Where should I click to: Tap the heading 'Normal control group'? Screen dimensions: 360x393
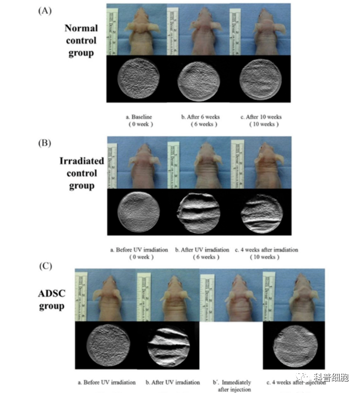click(x=80, y=41)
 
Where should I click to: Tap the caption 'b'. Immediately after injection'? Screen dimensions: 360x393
click(x=232, y=385)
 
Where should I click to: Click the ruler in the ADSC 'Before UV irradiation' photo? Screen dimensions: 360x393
click(x=81, y=296)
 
